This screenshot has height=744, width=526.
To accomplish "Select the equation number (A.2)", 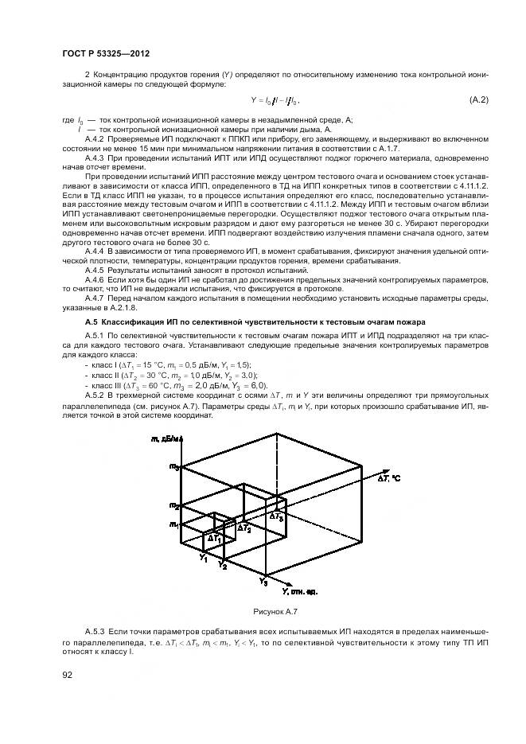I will pyautogui.click(x=477, y=99).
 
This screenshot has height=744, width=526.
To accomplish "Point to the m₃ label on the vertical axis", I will pyautogui.click(x=174, y=467).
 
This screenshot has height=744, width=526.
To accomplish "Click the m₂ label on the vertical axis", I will pyautogui.click(x=174, y=505).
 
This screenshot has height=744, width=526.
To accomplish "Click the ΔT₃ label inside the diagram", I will pyautogui.click(x=275, y=516).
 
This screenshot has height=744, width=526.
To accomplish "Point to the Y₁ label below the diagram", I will pyautogui.click(x=205, y=558).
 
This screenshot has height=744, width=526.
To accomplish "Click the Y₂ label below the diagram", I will pyautogui.click(x=224, y=566).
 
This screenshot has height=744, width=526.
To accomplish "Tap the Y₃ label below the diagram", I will pyautogui.click(x=263, y=583).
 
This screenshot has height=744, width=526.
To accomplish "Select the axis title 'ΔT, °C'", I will pyautogui.click(x=390, y=478).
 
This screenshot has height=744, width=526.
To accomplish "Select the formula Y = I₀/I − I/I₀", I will pyautogui.click(x=275, y=100).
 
